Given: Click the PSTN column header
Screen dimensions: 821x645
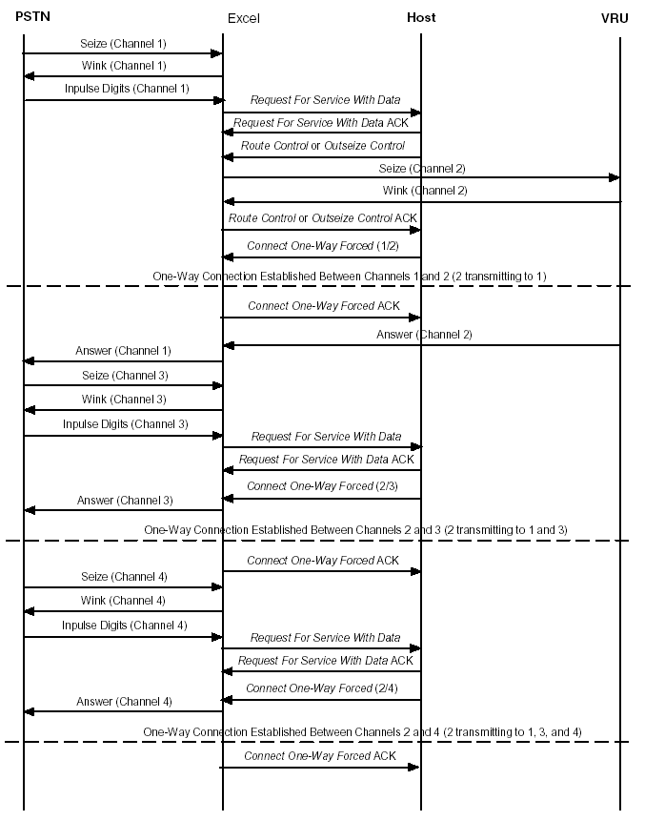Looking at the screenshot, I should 32,17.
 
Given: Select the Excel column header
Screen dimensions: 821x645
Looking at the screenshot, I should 243,18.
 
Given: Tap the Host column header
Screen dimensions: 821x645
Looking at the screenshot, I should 421,17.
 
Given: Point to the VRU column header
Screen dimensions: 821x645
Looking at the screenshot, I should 615,18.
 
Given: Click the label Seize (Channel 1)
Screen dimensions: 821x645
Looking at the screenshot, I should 123,43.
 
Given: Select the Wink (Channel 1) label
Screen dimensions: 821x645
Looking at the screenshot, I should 124,66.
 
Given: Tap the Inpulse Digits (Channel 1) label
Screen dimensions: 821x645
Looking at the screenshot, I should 127,89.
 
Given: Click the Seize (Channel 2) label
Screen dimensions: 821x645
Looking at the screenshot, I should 422,168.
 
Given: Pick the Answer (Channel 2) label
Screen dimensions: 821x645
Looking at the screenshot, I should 424,335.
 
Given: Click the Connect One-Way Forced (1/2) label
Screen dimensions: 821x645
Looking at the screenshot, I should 322,246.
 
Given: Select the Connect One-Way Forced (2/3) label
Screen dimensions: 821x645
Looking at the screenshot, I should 322,486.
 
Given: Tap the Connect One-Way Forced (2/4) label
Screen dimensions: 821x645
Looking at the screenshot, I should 322,688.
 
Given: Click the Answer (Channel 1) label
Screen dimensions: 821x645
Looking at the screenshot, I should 123,351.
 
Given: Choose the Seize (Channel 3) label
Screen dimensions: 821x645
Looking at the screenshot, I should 124,375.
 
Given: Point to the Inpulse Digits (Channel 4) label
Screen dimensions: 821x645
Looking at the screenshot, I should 125,626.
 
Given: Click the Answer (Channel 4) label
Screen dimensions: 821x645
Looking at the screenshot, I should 124,702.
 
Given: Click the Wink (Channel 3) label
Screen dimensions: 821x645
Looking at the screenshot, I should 124,400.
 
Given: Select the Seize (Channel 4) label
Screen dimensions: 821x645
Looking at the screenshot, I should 124,577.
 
